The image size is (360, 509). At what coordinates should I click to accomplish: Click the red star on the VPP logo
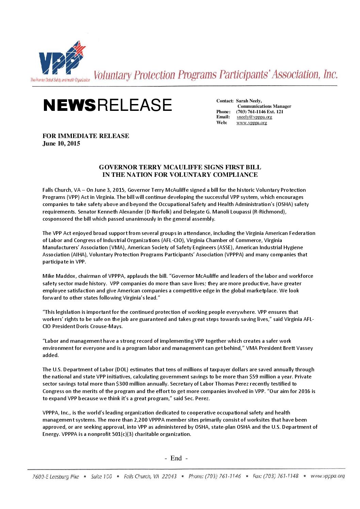(x=79, y=49)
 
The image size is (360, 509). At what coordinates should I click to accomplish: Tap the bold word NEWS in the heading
(x=69, y=105)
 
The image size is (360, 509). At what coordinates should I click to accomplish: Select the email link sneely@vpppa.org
(x=255, y=117)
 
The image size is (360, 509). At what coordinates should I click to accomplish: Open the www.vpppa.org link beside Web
(x=252, y=123)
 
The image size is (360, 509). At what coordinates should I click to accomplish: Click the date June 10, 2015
(x=61, y=143)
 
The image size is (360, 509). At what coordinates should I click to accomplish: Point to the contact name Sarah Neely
(x=249, y=101)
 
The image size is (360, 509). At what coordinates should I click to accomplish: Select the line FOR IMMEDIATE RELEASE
(x=86, y=136)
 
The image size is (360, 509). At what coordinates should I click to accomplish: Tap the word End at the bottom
(x=176, y=458)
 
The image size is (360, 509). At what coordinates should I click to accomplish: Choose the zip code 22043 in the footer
(x=169, y=476)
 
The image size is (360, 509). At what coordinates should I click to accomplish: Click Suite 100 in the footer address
(x=101, y=477)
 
